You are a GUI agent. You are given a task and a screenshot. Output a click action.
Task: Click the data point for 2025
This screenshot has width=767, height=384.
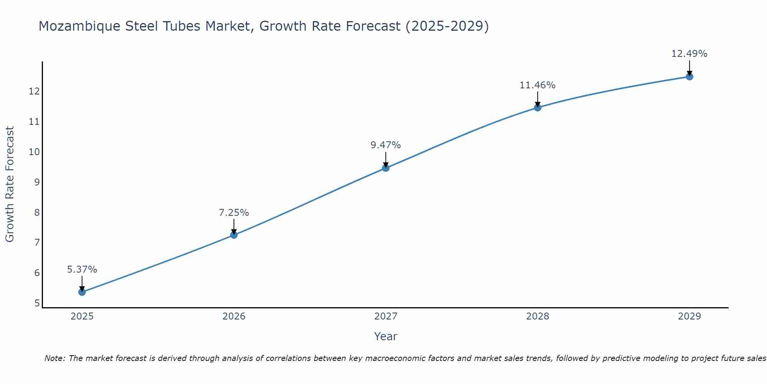tap(82, 292)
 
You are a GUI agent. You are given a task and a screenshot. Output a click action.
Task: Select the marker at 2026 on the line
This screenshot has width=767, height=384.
tap(234, 235)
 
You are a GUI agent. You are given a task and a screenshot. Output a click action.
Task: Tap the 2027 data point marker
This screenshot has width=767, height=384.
tap(386, 168)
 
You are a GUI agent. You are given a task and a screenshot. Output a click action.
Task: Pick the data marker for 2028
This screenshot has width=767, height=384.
tap(538, 108)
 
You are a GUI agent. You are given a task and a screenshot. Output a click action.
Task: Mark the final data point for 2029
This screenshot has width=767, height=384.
tap(689, 76)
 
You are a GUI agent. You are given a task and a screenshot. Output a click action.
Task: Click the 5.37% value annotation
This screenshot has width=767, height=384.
tap(82, 269)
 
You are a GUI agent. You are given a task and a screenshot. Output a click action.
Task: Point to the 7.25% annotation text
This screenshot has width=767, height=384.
tap(234, 212)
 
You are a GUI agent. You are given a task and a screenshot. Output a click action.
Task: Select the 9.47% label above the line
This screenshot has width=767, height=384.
tap(386, 145)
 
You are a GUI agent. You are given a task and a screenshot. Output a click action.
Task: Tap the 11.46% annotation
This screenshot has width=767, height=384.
tap(538, 85)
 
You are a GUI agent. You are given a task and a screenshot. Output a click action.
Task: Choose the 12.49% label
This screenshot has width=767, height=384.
tap(689, 54)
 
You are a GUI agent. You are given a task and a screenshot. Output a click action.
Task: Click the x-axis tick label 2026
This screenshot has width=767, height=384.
tap(234, 316)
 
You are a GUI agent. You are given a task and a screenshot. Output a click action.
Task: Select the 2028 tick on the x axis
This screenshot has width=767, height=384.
tap(538, 316)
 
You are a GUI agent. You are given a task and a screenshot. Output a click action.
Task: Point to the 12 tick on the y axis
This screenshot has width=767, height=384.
tap(34, 91)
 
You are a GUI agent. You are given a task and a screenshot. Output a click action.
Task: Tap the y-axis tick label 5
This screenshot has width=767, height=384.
tap(37, 303)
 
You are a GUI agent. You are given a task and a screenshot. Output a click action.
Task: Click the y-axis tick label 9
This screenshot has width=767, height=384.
tap(37, 182)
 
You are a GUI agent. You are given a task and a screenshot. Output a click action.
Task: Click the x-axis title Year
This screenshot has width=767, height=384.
tap(386, 336)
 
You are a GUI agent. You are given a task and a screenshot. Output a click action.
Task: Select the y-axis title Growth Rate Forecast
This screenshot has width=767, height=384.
tap(10, 184)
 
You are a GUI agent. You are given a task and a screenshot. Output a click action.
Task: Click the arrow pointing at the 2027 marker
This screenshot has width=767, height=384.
tap(386, 159)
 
